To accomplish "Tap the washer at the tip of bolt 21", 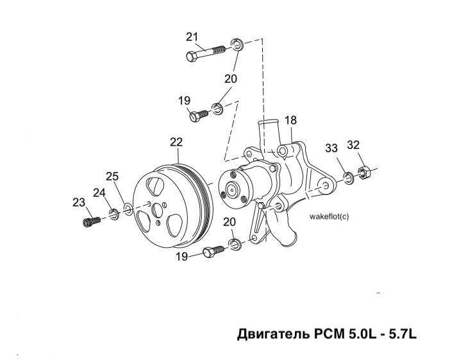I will tap(237, 45).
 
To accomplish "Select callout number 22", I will tap(176, 142).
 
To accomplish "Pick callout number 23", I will tap(78, 202).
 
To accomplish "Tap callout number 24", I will tap(99, 192).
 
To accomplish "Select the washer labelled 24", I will tap(113, 213).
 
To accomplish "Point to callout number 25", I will tap(113, 176).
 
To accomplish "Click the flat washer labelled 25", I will tap(128, 209).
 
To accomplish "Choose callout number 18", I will tap(290, 120).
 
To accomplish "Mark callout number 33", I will tap(331, 148).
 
